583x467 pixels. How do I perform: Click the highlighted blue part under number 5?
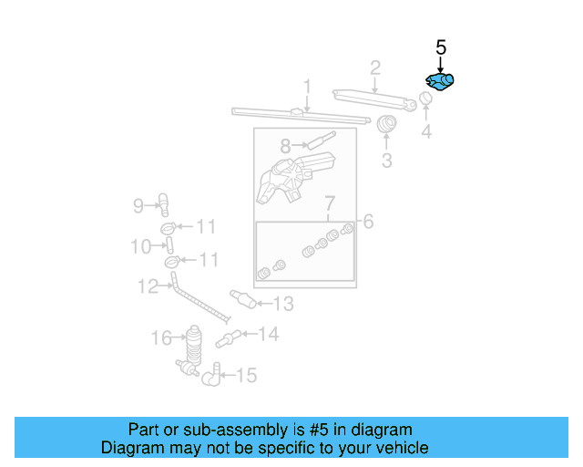point(441,82)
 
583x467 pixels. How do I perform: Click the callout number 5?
point(441,47)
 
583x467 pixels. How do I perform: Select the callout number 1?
point(308,88)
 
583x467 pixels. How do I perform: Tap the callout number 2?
point(374,67)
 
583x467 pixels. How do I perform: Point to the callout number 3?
point(386,161)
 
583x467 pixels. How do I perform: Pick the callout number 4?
point(425,133)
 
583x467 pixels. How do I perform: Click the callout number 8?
point(285,145)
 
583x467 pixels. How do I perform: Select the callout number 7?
point(330,202)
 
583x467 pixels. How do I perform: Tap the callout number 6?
point(367,221)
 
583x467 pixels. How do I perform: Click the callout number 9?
point(138,206)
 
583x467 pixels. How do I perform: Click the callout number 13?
point(284,304)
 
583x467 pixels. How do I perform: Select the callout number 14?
point(268,335)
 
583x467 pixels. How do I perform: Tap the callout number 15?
point(246,375)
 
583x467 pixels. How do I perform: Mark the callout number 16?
point(161,339)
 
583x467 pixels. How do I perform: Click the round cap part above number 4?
point(425,99)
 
